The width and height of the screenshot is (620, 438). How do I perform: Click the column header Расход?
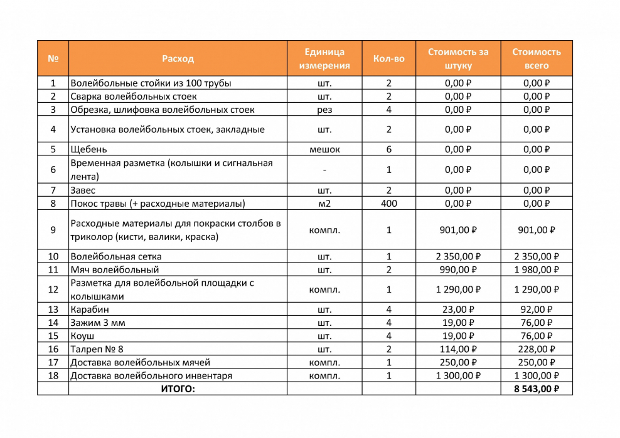point(178,58)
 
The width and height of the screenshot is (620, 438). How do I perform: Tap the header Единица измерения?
point(324,58)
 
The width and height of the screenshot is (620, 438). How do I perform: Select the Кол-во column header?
point(388,58)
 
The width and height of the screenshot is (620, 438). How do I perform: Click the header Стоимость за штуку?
point(457,58)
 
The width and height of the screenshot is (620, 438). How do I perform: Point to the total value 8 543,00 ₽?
point(536,389)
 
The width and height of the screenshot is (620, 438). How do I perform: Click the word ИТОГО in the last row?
point(178,389)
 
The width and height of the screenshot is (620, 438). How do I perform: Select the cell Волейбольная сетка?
point(116,256)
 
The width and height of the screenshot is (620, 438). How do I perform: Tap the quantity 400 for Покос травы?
point(388,204)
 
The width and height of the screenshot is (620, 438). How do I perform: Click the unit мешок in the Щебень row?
point(324,149)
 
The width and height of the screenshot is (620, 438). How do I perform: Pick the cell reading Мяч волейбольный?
point(114,269)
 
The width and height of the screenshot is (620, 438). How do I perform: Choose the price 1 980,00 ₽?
point(536,269)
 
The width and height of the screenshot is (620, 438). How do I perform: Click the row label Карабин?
point(89,310)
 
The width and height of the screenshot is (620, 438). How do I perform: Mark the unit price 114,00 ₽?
point(457,349)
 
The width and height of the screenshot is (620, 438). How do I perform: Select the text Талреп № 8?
point(97,349)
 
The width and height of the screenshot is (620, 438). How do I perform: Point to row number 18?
point(53,376)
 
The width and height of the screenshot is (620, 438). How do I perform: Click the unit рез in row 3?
point(324,110)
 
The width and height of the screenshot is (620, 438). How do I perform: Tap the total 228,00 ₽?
point(536,349)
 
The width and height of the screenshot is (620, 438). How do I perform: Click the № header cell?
point(53,58)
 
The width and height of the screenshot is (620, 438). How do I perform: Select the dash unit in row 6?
point(324,169)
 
